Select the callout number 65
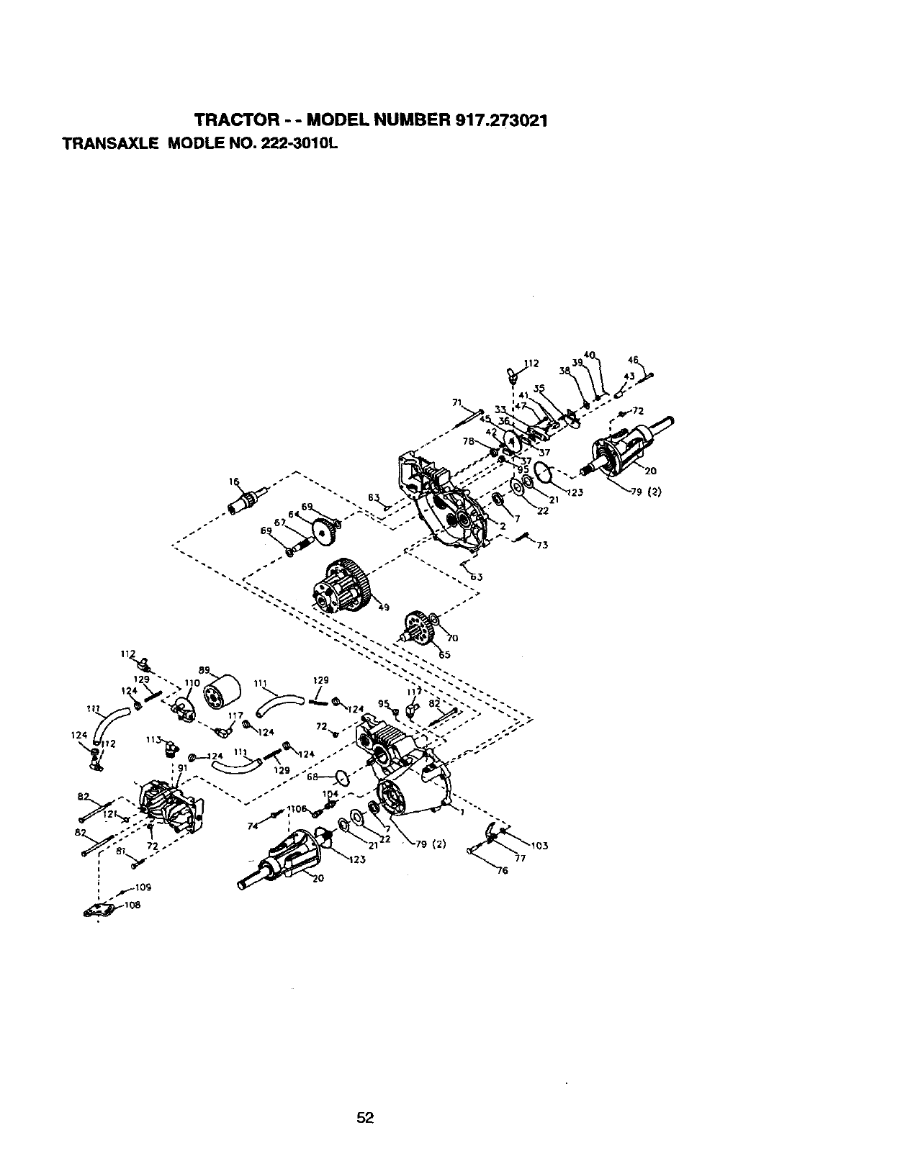pos(444,655)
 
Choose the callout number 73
pos(542,545)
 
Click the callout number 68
pos(312,777)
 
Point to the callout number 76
pos(502,871)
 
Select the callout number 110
pos(192,682)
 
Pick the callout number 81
pos(121,851)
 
